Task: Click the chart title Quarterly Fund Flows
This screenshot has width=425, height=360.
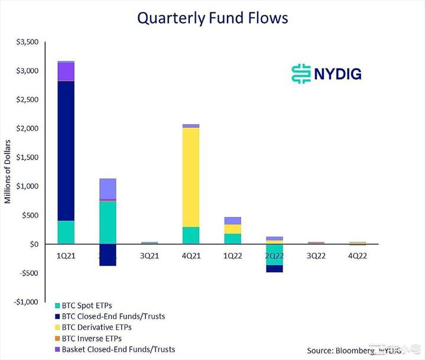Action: point(212,18)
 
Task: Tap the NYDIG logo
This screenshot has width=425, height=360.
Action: point(326,73)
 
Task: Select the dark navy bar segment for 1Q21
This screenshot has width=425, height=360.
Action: point(66,150)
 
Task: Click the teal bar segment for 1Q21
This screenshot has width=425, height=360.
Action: point(66,232)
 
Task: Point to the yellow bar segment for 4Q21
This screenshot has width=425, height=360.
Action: point(191,177)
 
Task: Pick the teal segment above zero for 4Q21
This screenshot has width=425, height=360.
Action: point(191,235)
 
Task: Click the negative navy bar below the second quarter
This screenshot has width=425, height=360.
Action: point(108,255)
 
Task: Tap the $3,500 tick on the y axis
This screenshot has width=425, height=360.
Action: point(26,42)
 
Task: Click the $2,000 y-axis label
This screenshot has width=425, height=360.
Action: point(26,129)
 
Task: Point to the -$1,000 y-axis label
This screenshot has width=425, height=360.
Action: point(24,302)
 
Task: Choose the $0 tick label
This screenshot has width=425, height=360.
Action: point(33,244)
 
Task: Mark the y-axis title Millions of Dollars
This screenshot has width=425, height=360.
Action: point(8,172)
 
